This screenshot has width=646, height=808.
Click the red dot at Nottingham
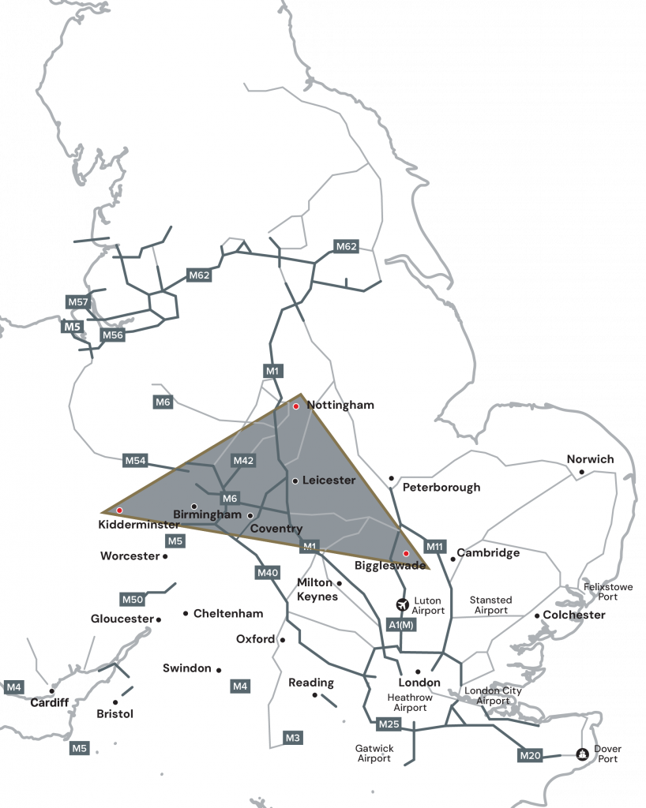(x=296, y=406)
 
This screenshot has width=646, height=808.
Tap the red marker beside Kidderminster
(x=119, y=511)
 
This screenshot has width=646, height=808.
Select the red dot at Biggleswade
(x=406, y=553)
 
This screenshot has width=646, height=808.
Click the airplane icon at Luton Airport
(x=404, y=605)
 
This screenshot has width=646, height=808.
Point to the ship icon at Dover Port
(x=582, y=754)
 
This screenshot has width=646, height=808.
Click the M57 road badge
(x=78, y=302)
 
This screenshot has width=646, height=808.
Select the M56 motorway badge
(x=113, y=335)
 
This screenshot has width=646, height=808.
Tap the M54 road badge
(x=135, y=460)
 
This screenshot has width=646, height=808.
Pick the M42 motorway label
(x=243, y=460)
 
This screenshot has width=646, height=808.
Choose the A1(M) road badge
(x=401, y=625)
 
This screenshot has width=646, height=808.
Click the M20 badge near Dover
(x=531, y=756)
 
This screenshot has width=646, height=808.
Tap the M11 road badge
(x=435, y=546)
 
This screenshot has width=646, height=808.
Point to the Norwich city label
(x=590, y=459)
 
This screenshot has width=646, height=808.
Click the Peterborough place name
(x=441, y=487)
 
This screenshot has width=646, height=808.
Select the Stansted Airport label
(x=490, y=605)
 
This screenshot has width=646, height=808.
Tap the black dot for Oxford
(x=282, y=640)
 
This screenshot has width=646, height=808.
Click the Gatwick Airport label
(x=374, y=753)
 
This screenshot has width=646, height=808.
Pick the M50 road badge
(x=132, y=599)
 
